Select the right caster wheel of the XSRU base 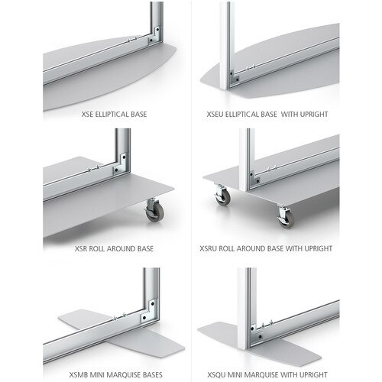coord(286,216)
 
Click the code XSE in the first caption coord(87,114)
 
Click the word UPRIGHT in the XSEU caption coord(314,114)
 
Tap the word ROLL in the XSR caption coord(96,248)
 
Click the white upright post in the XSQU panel coord(243,308)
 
